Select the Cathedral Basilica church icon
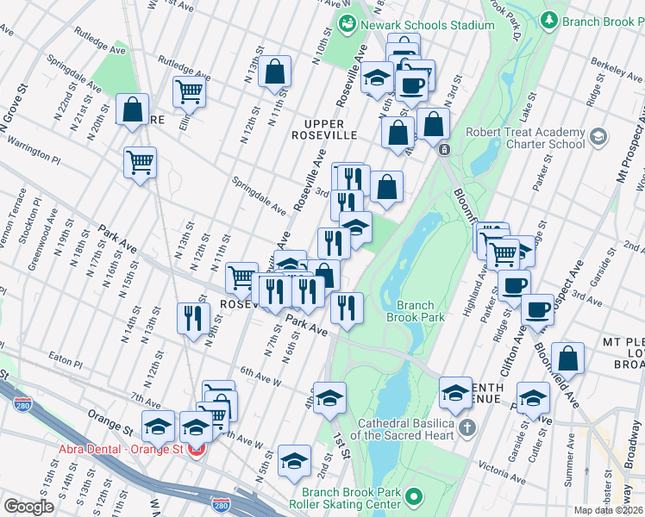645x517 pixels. click(467, 427)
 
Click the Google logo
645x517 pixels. click(29, 506)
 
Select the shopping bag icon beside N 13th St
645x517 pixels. click(275, 73)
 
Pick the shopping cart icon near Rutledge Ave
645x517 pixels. click(188, 90)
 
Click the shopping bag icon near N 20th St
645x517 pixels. click(132, 110)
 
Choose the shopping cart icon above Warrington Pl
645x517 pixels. click(140, 161)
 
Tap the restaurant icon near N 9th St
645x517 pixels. click(193, 317)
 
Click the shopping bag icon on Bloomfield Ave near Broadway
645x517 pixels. click(568, 358)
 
